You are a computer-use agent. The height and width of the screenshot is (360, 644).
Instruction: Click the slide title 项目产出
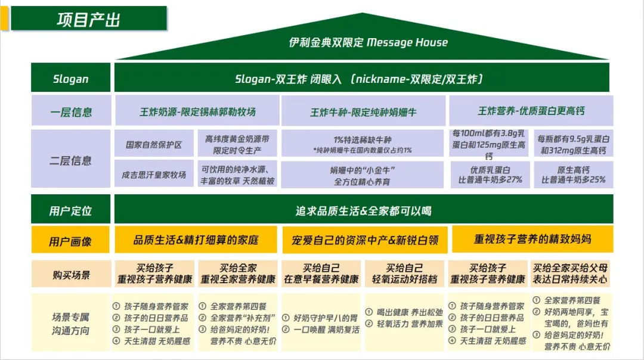point(88,19)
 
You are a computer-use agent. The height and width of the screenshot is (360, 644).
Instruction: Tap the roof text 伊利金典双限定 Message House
point(368,42)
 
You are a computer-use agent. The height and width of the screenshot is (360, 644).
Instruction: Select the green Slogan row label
point(71,79)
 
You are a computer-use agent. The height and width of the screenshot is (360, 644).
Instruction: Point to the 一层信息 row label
point(71,112)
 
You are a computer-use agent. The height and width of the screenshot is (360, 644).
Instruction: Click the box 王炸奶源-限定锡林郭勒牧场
point(197,111)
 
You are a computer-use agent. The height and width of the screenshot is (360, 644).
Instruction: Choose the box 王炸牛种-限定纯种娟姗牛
point(363,111)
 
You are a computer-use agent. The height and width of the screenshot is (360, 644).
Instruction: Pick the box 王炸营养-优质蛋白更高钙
point(531,111)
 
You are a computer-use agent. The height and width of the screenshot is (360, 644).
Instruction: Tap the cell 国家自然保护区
point(153,145)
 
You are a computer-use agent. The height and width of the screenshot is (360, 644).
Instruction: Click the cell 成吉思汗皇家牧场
point(153,175)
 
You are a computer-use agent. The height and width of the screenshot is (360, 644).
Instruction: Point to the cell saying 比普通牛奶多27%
point(490,175)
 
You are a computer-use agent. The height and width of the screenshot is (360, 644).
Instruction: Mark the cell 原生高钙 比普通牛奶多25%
point(573,175)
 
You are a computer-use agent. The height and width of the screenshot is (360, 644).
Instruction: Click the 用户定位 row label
point(71,210)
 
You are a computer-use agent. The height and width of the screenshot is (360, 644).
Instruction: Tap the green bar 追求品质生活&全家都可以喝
point(363,210)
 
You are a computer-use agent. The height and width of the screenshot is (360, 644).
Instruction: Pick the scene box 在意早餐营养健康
point(321,274)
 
